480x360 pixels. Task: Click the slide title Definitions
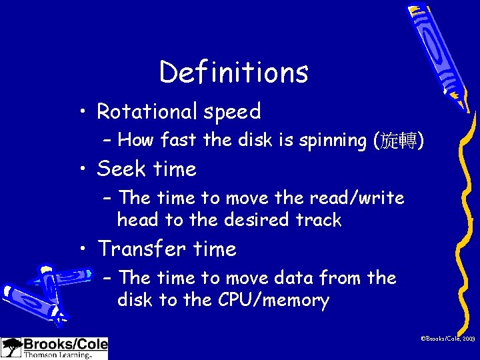[234, 72]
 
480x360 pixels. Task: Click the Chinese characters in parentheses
[399, 141]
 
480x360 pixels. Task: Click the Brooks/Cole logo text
[65, 344]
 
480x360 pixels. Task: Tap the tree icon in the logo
[11, 348]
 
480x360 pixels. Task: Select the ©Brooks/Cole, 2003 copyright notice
[447, 340]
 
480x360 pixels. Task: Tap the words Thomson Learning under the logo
[57, 355]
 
